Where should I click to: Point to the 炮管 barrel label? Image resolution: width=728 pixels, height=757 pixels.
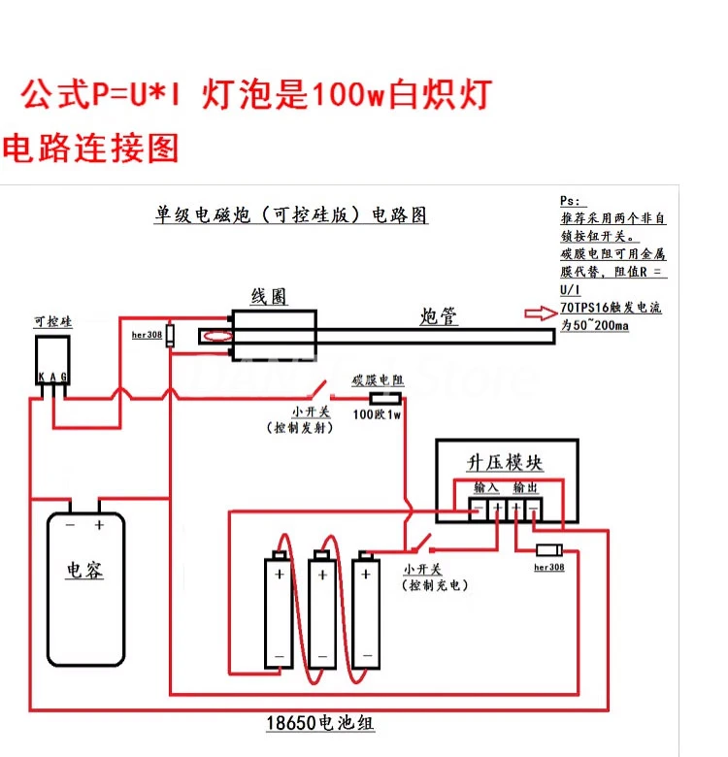[439, 315]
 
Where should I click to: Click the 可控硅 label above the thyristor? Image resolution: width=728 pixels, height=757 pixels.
[52, 321]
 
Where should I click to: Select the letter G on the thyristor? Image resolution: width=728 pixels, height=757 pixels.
[64, 378]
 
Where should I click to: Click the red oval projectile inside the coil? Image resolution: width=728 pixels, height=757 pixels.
[215, 337]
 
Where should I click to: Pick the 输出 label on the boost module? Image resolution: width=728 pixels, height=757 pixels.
[524, 487]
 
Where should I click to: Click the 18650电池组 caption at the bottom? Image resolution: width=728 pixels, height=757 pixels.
[320, 723]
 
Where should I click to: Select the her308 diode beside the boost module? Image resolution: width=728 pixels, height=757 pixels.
[549, 549]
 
